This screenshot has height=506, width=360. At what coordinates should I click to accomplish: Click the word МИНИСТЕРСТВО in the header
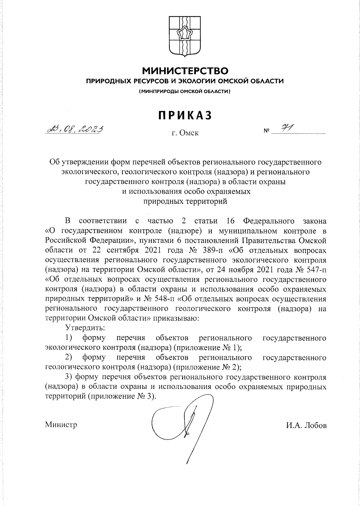pyautogui.click(x=185, y=71)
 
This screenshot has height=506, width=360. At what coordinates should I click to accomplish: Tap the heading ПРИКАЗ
pyautogui.click(x=185, y=115)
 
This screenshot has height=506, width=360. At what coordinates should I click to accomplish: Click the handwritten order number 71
pyautogui.click(x=286, y=128)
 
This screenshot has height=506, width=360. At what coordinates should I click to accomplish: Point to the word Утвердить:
pyautogui.click(x=85, y=328)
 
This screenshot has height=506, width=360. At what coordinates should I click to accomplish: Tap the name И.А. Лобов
pyautogui.click(x=306, y=425)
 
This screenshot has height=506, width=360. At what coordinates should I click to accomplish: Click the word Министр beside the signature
pyautogui.click(x=61, y=425)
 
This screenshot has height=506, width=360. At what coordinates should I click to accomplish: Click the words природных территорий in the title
pyautogui.click(x=185, y=201)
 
